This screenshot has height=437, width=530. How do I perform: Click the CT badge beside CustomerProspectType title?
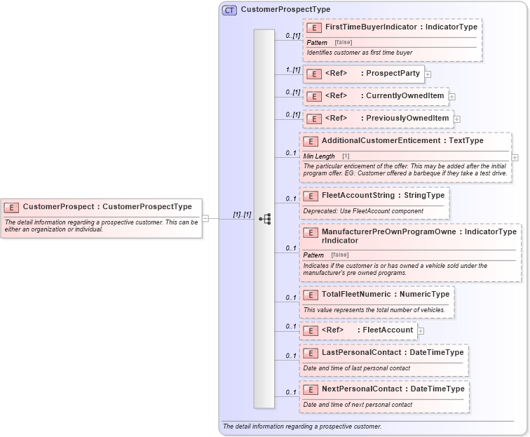[x=229, y=10]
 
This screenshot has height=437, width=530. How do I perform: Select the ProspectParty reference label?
[x=393, y=74]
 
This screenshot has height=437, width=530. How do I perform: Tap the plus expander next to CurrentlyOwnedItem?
[x=452, y=97]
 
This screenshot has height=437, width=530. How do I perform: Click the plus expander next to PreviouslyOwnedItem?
[x=457, y=119]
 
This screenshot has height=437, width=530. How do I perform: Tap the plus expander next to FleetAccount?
[x=421, y=330]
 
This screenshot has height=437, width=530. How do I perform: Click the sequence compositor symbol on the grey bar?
[x=264, y=219]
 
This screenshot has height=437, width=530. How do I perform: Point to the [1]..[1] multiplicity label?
[x=242, y=215]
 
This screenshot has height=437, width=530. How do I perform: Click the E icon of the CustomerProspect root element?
[x=11, y=207]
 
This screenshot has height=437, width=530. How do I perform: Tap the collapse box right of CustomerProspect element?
[x=205, y=218]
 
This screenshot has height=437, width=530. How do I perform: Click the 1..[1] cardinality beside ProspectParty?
[x=292, y=70]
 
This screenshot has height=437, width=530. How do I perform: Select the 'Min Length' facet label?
[x=319, y=156]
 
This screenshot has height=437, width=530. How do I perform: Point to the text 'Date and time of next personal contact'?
[x=358, y=405]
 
